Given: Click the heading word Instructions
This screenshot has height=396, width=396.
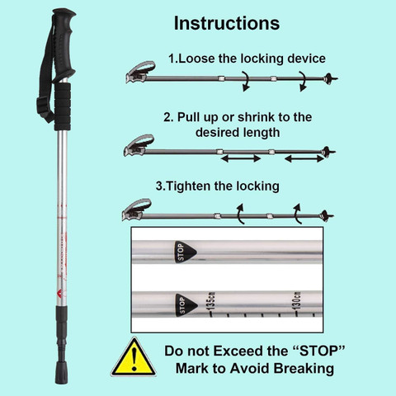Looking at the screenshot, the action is [x=227, y=23].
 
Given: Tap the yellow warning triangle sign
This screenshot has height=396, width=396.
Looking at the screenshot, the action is [x=134, y=357].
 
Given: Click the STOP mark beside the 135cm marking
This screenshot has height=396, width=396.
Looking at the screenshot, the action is [x=186, y=305].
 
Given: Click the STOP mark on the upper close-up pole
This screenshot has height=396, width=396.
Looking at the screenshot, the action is [x=185, y=252].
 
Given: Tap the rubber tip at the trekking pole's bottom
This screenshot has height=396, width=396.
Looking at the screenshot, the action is [x=61, y=372].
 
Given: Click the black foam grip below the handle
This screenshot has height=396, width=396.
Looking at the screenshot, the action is [x=63, y=106].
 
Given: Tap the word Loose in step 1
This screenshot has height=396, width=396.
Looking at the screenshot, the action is [x=196, y=59].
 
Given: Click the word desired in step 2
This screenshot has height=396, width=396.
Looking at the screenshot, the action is [x=217, y=132].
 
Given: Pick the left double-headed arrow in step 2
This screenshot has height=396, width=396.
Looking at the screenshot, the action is [x=241, y=158].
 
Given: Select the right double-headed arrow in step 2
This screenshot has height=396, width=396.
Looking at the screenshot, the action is [x=304, y=158].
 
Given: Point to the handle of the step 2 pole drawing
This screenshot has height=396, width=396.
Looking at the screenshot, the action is [x=139, y=146].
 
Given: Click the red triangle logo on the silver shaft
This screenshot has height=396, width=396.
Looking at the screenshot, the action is [x=61, y=294].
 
